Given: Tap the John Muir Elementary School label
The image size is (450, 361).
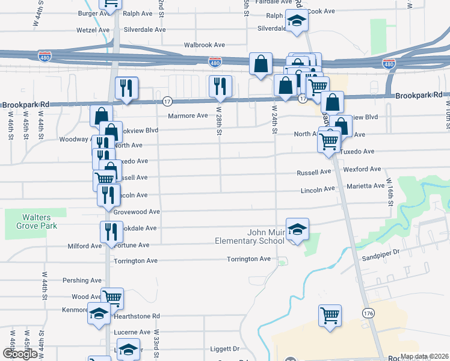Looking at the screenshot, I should click(250, 236).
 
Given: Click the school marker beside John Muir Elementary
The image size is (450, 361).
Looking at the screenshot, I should click(297, 229).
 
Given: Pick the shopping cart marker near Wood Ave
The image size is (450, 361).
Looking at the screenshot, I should click(112, 297).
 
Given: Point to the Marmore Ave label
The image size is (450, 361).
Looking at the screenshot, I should click(188, 115).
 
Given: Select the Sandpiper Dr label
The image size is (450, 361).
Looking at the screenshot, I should click(380, 253).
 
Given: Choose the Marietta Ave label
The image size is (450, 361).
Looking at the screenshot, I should click(365, 186).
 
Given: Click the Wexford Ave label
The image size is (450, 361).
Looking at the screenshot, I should click(363, 170).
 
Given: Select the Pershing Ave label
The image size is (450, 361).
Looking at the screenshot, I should click(82, 280).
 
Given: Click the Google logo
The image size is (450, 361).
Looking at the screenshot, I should click(20, 354).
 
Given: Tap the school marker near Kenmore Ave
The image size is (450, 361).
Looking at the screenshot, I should click(99, 313).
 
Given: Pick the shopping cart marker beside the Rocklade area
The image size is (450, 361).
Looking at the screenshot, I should click(330, 315).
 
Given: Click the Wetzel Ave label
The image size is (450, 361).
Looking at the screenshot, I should click(93, 29).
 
